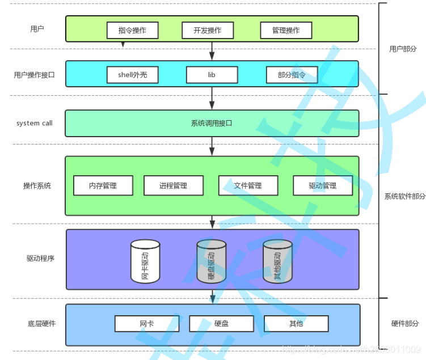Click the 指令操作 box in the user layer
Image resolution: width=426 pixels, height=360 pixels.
tap(132, 31)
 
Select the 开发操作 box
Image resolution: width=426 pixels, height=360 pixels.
tap(207, 31)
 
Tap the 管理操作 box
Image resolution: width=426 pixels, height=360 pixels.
tap(285, 31)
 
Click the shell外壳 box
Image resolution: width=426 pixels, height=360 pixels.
tap(132, 75)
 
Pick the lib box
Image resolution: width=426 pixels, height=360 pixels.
tap(212, 75)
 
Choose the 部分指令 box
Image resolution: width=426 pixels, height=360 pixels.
tap(292, 75)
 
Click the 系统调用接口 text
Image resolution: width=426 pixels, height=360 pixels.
tap(212, 123)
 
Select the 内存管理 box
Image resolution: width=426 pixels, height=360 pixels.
tap(103, 185)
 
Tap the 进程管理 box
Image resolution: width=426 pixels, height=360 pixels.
tap(173, 185)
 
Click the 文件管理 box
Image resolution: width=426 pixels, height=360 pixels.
tap(248, 185)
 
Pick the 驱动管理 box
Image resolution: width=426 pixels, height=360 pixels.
tap(322, 185)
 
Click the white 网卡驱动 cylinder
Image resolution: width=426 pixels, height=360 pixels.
tap(145, 261)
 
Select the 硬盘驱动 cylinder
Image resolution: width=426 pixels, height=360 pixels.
tap(212, 261)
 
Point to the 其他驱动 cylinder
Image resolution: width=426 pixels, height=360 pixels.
tap(277, 261)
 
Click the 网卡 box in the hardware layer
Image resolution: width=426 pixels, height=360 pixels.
tap(146, 324)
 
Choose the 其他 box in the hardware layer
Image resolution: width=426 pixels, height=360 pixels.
tap(296, 324)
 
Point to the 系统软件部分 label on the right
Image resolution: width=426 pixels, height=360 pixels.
tap(404, 197)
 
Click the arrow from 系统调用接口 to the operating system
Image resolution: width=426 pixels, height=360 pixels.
tap(212, 146)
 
